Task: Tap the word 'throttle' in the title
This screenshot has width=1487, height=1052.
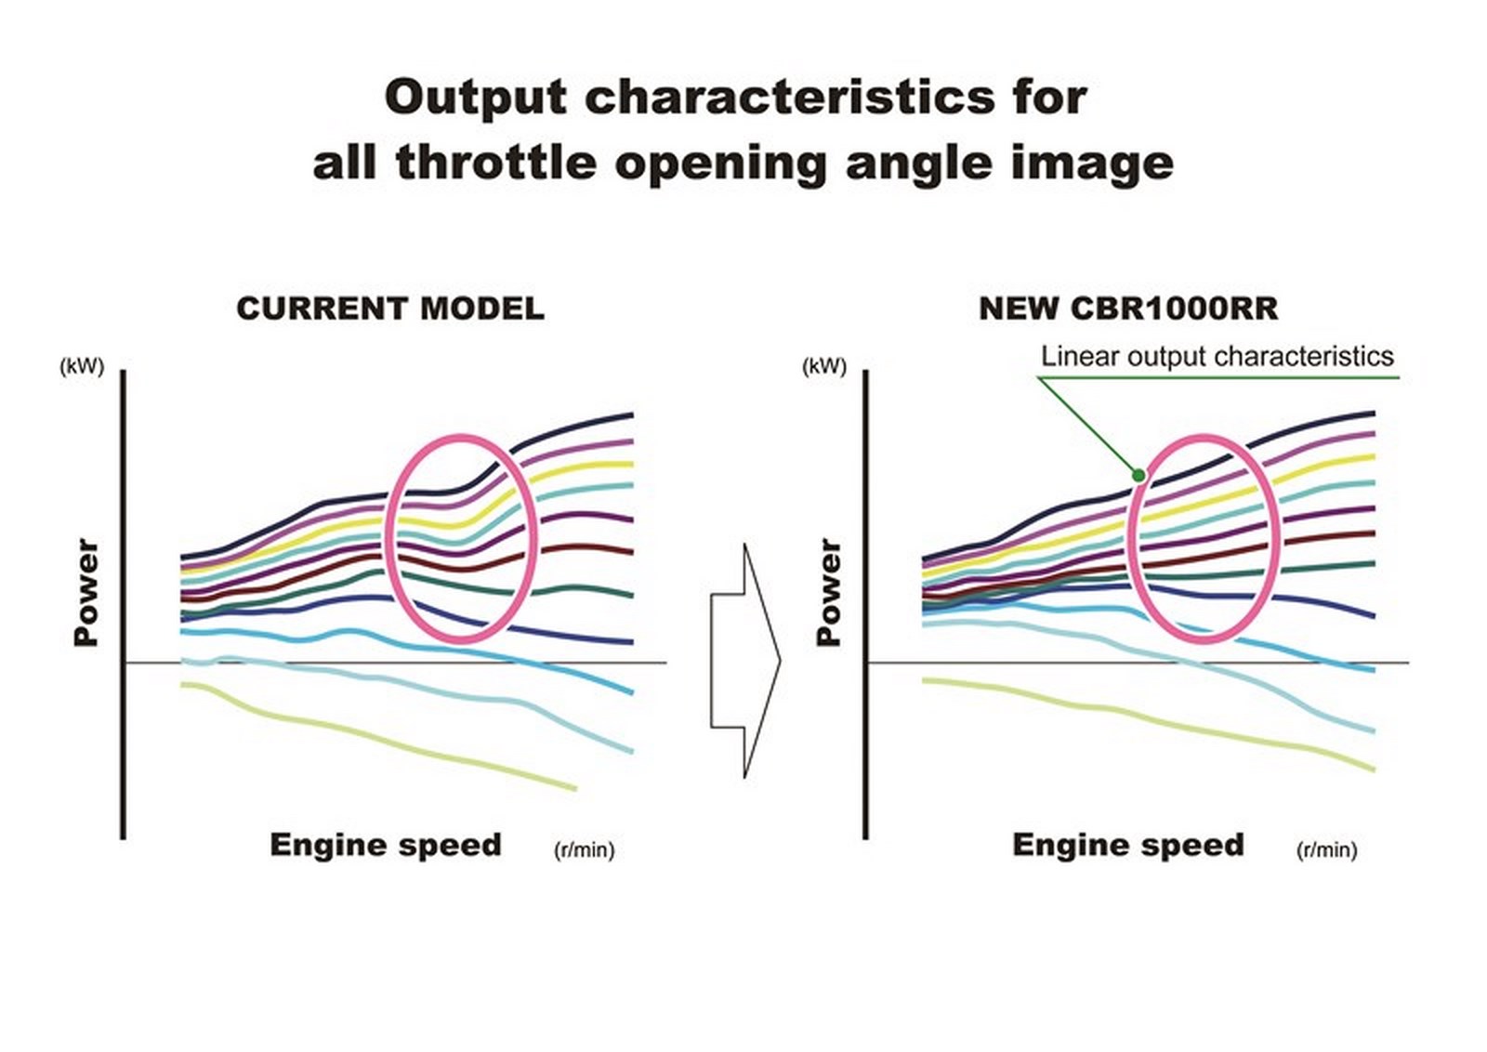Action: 496,163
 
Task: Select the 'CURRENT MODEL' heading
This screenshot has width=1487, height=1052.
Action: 390,309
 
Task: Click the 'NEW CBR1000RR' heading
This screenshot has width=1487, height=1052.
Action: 1128,309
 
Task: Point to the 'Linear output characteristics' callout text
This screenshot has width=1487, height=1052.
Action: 1217,357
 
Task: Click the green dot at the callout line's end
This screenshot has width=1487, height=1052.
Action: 1138,475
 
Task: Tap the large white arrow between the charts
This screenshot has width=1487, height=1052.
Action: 745,661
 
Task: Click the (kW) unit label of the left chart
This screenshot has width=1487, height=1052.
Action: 82,366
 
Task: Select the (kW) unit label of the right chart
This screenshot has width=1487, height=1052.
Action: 823,366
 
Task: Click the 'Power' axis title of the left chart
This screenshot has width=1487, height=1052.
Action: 86,592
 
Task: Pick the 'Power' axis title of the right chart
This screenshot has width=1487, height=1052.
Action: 828,592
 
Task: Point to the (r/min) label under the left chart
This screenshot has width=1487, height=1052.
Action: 585,849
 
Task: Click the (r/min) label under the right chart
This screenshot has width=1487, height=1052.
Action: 1326,849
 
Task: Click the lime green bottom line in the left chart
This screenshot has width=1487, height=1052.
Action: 372,736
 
